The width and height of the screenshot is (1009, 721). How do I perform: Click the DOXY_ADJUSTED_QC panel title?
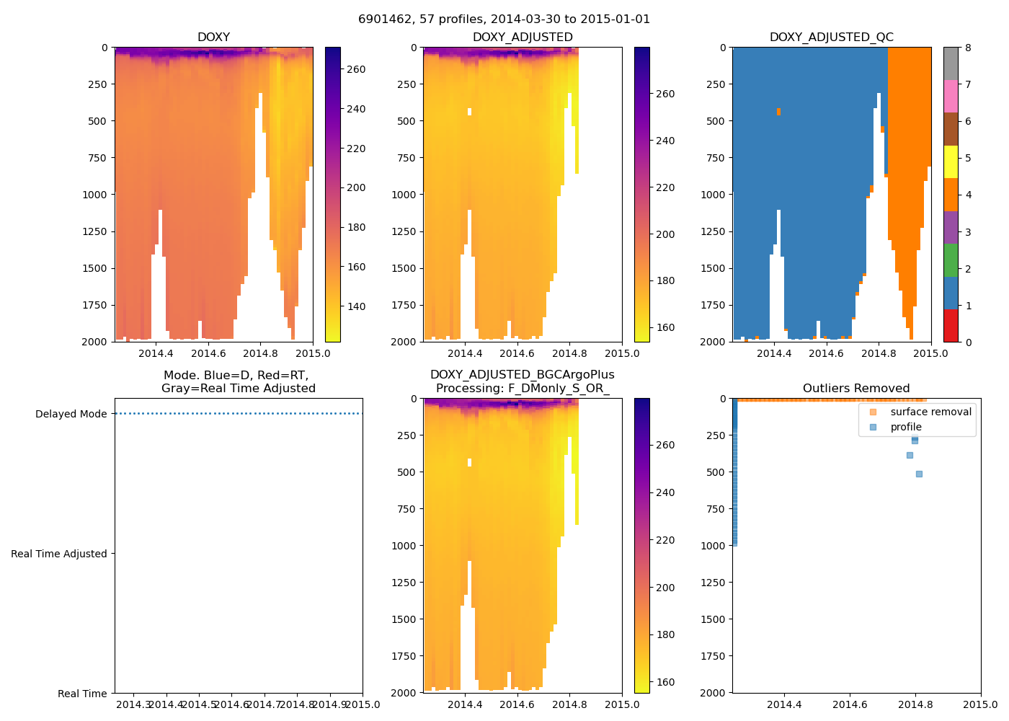(x=831, y=37)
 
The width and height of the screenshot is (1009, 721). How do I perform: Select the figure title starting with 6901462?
(x=504, y=19)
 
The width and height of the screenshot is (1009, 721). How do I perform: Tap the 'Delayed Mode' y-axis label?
(x=71, y=414)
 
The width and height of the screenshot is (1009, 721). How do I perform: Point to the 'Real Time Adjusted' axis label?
(x=59, y=554)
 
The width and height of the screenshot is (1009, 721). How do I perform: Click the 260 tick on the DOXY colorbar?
(x=356, y=70)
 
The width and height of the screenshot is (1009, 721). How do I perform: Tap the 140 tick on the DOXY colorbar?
(x=356, y=306)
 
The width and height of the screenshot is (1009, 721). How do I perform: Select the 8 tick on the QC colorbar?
(x=968, y=48)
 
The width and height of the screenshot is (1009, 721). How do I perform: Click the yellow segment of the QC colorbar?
(x=951, y=162)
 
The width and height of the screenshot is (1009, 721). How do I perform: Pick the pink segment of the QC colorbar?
(x=951, y=96)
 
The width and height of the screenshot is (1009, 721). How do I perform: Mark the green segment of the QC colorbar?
(x=951, y=260)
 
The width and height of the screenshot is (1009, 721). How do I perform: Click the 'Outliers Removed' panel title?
(x=856, y=389)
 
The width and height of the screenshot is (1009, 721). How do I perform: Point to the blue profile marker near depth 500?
(x=919, y=474)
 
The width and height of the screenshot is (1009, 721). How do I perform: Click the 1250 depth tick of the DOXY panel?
(x=94, y=231)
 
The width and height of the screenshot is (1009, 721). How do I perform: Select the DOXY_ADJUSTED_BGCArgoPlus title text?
(x=522, y=375)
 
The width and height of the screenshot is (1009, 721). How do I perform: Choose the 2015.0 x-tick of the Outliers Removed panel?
(x=980, y=704)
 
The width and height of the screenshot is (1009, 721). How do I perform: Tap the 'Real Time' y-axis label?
(x=82, y=694)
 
